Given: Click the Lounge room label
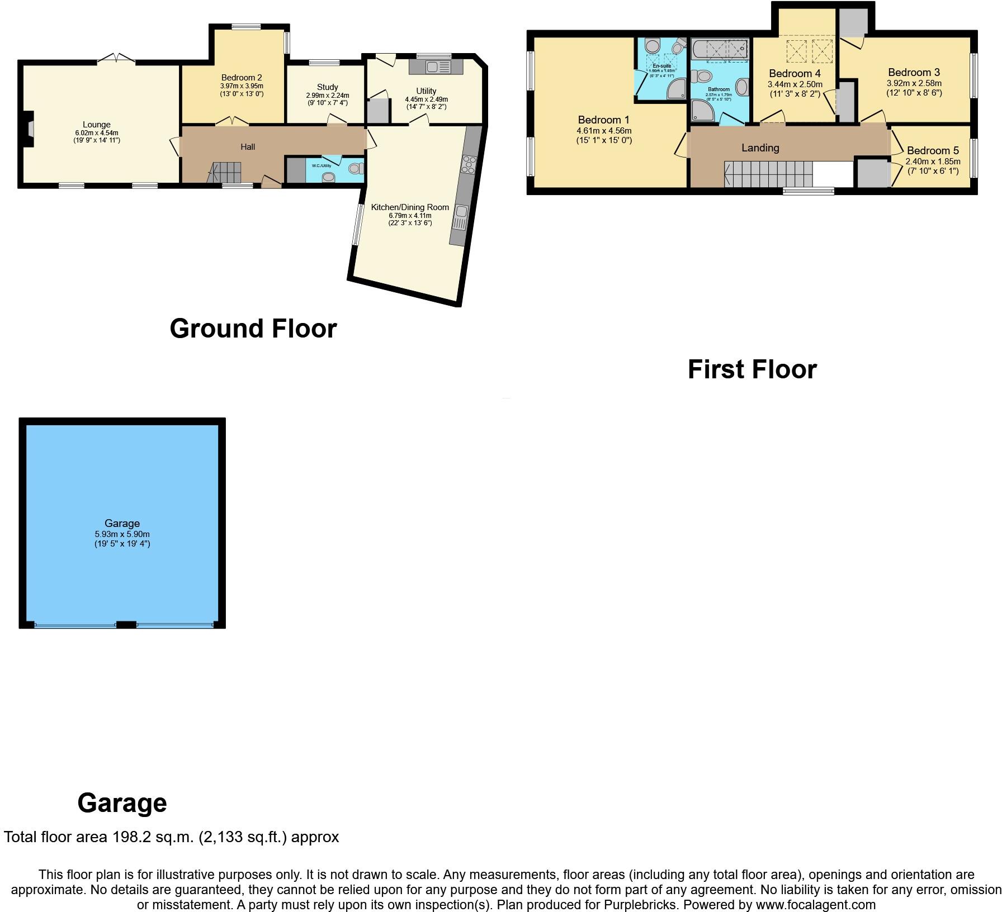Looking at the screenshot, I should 96,125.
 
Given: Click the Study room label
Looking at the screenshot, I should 327,87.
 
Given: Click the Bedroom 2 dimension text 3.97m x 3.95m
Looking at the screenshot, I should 242,86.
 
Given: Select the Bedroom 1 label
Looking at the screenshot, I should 603,120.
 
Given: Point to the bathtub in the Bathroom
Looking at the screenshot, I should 719,50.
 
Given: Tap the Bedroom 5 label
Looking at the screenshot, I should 933,150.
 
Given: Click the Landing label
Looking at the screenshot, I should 760,148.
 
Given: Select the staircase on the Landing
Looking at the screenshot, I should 768,174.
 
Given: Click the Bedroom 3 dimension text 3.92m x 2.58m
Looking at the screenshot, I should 914,83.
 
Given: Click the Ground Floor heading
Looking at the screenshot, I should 253,329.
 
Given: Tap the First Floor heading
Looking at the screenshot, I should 752,369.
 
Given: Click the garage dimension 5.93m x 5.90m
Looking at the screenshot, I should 122,534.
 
